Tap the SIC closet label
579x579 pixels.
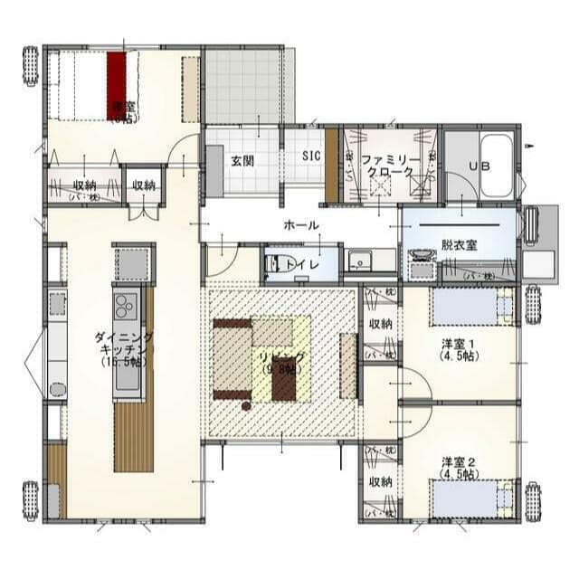(x=311, y=155)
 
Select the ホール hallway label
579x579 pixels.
(x=300, y=224)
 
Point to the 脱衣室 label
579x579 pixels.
(x=460, y=244)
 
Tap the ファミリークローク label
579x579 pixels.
(x=390, y=165)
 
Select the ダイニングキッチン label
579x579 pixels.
(x=123, y=348)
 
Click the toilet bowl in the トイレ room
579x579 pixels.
(x=274, y=264)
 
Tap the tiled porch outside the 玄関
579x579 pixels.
(x=242, y=85)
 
